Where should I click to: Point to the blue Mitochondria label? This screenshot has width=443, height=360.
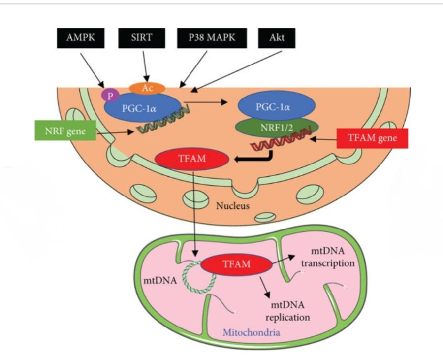click(x=252, y=333)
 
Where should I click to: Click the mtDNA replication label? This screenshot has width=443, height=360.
click(x=287, y=311)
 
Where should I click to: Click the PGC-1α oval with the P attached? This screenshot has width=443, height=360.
click(x=142, y=107)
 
